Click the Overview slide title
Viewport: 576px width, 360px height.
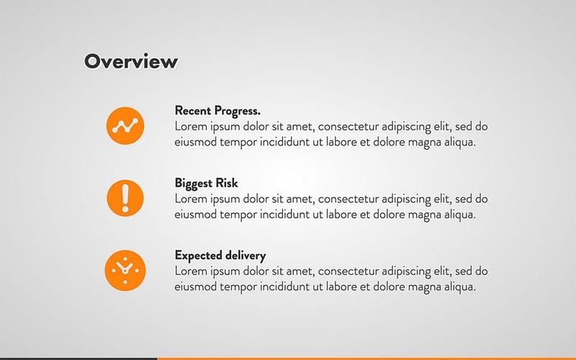point(130,62)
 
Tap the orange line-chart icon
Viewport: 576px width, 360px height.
point(125,125)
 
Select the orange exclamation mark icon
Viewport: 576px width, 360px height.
point(125,197)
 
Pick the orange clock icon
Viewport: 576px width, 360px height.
point(125,270)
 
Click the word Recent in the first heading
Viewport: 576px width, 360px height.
point(193,111)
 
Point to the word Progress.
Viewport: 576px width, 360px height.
point(237,112)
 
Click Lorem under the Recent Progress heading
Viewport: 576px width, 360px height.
point(190,127)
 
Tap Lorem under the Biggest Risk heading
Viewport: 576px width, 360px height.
point(190,199)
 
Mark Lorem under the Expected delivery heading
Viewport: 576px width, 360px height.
point(190,271)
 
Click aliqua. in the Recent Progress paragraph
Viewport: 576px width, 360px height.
point(458,142)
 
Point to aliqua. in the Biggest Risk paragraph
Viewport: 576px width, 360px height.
point(458,214)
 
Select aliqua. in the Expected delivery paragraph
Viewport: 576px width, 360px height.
point(458,287)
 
